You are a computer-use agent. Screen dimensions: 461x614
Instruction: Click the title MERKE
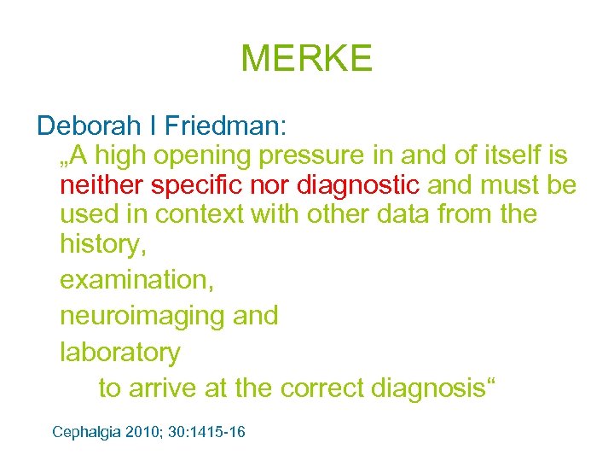click(307, 58)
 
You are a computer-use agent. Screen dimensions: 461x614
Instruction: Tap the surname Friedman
click(225, 126)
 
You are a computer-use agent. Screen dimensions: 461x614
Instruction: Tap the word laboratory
click(120, 352)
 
